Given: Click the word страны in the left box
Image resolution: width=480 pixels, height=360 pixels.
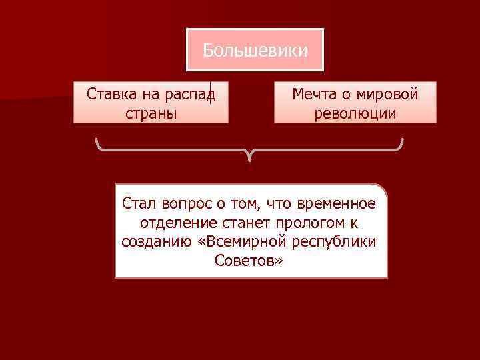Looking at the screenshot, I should [151, 113].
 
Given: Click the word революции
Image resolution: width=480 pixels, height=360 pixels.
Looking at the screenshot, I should [355, 113].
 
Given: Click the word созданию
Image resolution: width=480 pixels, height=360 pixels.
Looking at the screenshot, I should [158, 241].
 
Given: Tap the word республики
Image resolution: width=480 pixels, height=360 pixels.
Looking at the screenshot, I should [339, 241].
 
